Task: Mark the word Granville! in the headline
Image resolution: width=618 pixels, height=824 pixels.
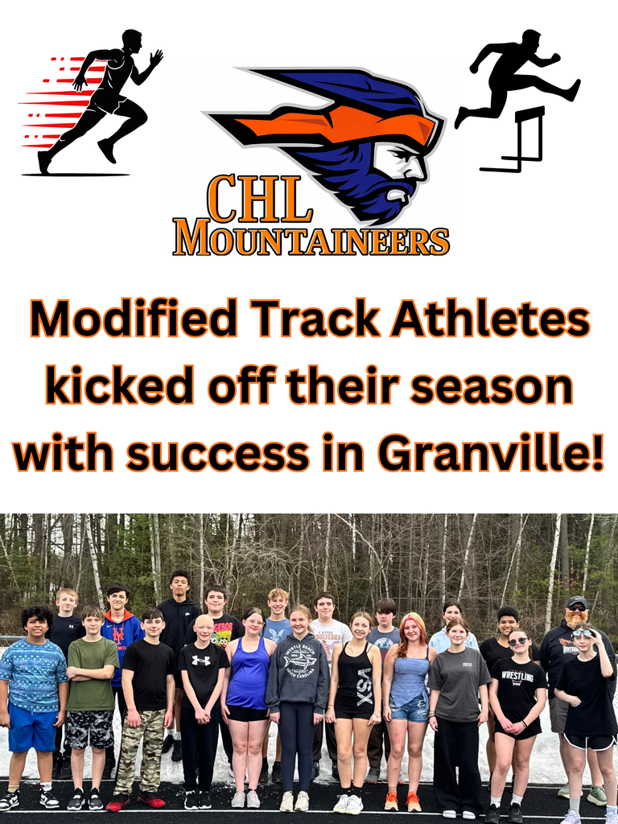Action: [491, 455]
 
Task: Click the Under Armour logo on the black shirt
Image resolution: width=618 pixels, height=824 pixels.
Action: [200, 661]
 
